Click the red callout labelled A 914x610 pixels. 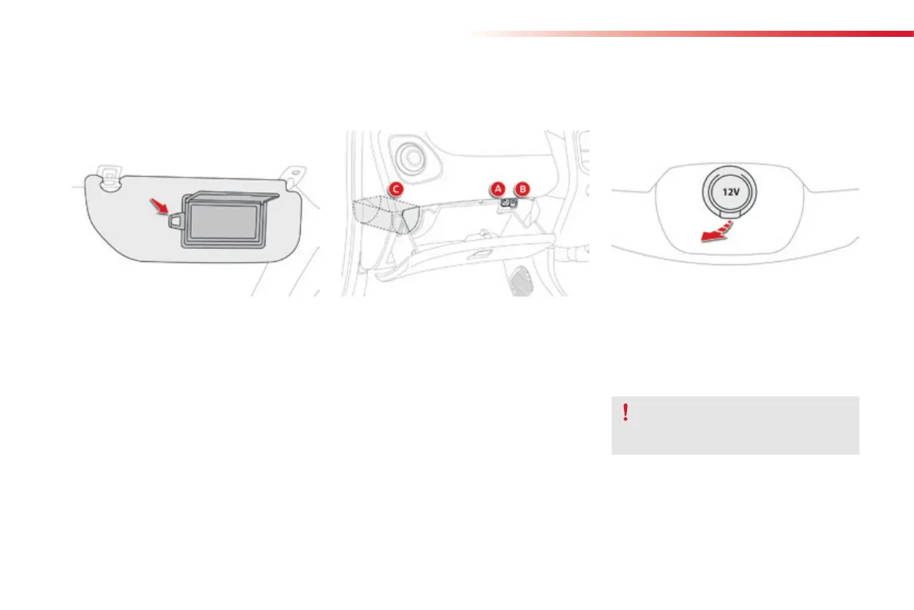497,188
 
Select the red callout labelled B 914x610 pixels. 523,188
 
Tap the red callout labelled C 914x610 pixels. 394,188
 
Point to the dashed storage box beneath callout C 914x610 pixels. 380,215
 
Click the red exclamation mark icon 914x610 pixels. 626,413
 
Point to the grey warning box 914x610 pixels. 734,426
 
